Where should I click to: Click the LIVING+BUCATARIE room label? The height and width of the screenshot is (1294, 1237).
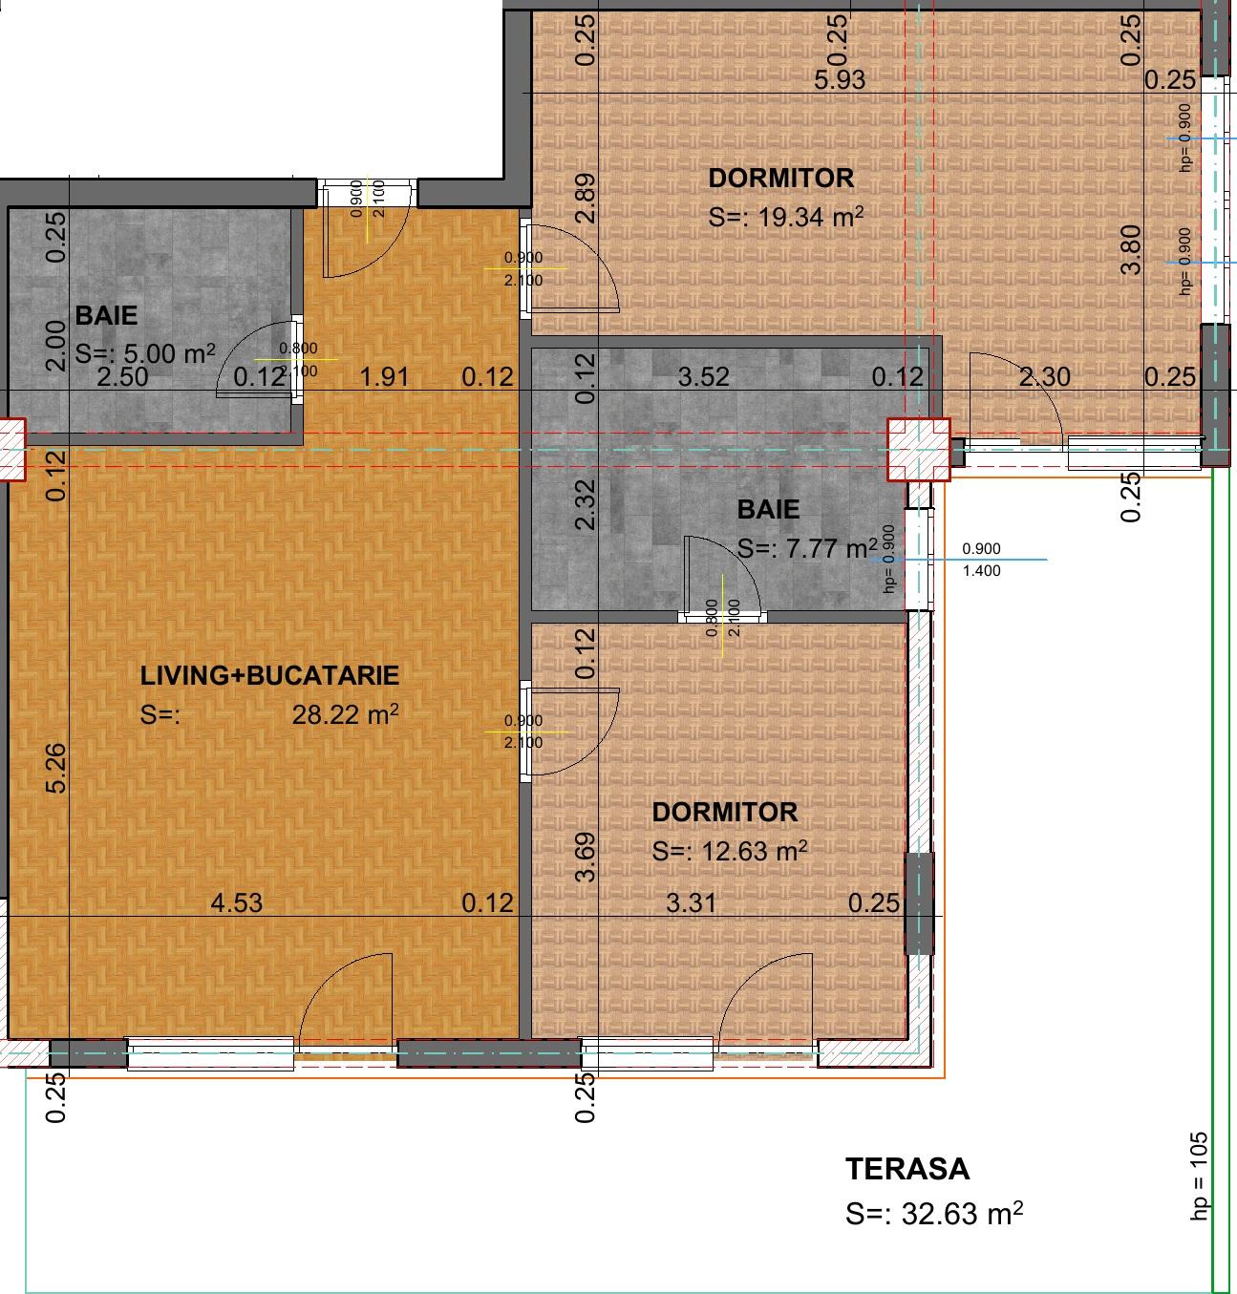269,676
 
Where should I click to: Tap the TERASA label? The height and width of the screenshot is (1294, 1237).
906,1169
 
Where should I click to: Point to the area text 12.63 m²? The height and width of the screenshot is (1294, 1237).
755,851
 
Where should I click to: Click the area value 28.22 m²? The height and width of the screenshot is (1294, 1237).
345,715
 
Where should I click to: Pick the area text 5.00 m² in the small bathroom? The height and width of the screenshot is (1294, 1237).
166,353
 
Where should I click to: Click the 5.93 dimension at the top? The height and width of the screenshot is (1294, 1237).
840,80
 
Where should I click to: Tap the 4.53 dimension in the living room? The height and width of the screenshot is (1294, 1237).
236,902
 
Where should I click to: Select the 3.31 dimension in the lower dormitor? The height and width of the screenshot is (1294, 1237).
691,902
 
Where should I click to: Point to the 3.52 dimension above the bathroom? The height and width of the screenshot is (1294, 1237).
703,377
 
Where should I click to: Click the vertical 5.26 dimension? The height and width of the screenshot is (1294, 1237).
57,768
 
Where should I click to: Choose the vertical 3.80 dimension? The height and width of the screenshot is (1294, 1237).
1131,249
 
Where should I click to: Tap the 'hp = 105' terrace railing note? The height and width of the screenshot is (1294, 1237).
1200,1176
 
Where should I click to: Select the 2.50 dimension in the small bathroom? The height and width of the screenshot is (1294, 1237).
123,377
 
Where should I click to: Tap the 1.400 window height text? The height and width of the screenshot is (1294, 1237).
982,571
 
